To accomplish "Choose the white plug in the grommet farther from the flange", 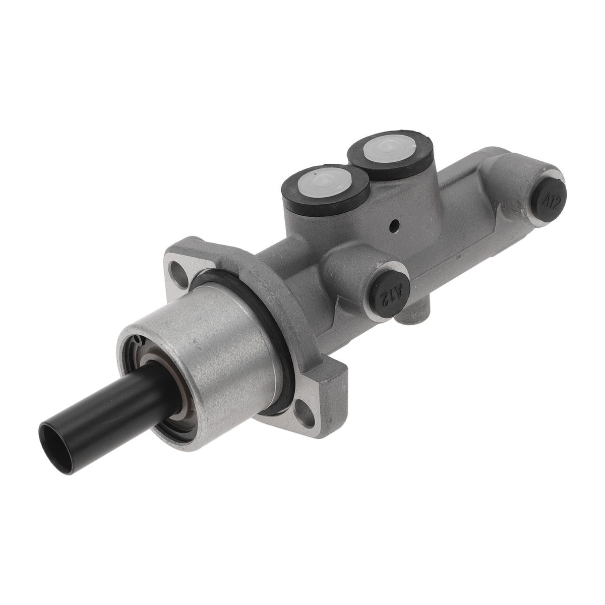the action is click(x=389, y=147).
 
